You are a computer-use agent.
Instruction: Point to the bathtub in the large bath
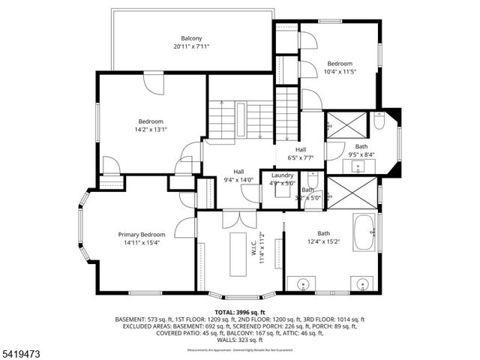(364, 232)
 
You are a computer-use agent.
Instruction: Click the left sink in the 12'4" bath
(304, 284)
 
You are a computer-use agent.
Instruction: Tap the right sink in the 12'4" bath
(363, 284)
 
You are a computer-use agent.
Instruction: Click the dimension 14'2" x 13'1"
(150, 129)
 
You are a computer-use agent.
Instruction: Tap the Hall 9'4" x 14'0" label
(238, 175)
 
